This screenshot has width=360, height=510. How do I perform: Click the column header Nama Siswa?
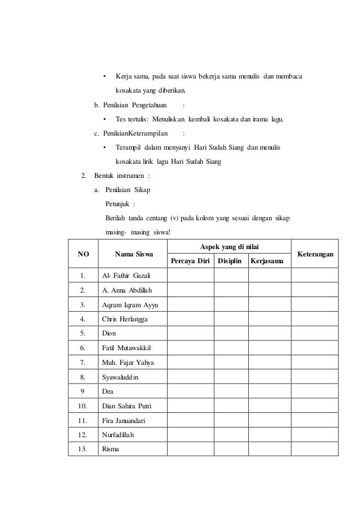[134, 254]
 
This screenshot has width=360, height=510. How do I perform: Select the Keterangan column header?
[314, 254]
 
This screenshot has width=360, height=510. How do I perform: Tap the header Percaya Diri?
[190, 261]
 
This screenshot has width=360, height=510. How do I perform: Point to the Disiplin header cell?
[231, 261]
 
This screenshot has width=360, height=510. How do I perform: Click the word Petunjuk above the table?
[116, 204]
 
